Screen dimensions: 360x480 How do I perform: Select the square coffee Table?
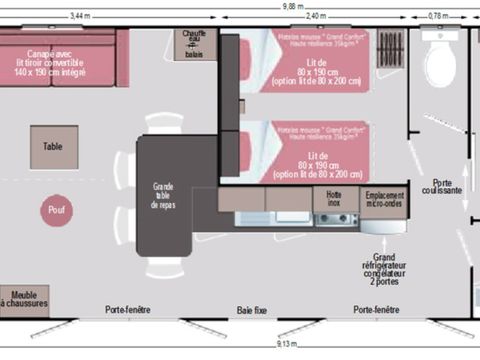pos(54,147)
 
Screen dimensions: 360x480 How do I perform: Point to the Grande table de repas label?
pos(164,196)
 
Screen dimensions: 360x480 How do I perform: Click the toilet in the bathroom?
pos(440,61)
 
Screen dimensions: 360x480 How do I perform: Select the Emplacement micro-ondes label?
pos(383,197)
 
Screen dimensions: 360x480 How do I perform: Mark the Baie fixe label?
pos(251,310)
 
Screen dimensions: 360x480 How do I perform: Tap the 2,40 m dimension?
pos(315,17)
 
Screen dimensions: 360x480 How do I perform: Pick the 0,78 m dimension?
pos(438,17)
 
